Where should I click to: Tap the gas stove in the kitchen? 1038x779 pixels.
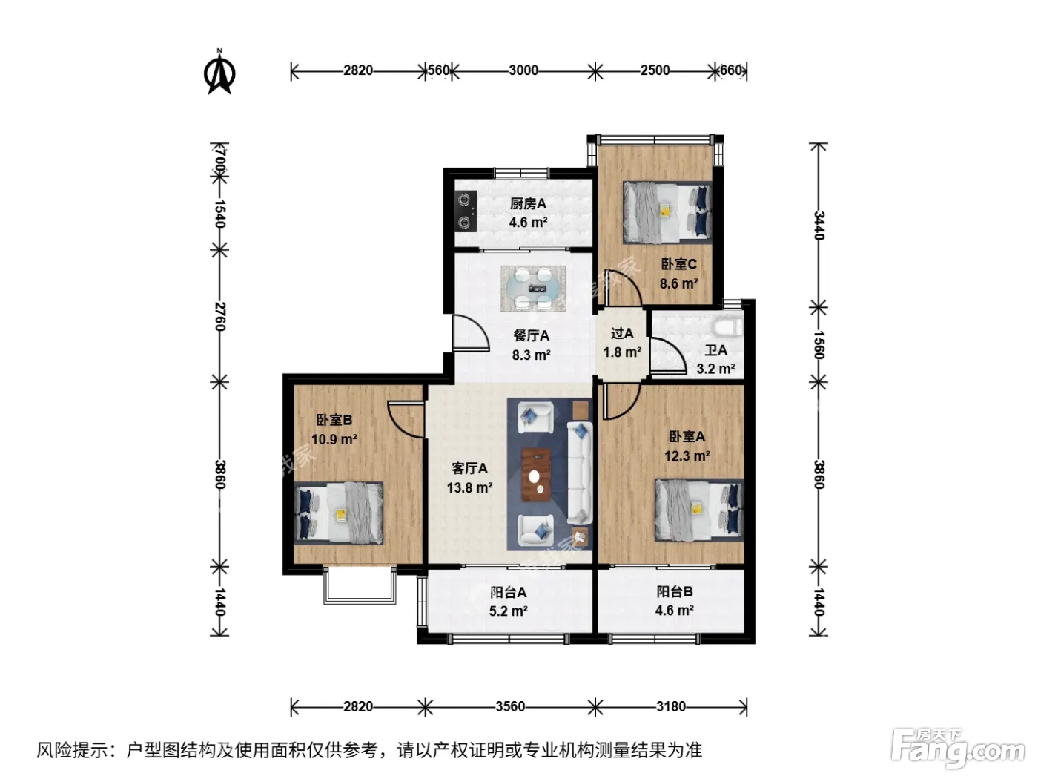[465, 211]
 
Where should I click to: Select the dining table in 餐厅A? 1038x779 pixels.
[532, 288]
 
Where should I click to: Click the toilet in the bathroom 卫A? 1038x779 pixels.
[728, 327]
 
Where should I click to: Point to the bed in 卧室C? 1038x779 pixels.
[667, 213]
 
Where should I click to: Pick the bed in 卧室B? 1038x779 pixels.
[339, 512]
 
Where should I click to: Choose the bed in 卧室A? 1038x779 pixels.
[699, 510]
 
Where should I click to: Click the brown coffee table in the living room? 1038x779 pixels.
[536, 474]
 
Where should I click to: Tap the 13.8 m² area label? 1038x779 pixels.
[469, 487]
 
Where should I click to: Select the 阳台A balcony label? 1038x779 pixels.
[509, 592]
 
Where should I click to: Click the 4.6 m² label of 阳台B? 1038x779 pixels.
[675, 610]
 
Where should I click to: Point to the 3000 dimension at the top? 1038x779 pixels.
[523, 70]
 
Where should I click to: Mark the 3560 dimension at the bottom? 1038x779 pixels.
[510, 706]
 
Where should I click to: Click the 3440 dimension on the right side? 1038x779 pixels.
[819, 226]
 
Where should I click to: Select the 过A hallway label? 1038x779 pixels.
[622, 333]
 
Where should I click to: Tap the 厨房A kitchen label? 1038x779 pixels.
[528, 204]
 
